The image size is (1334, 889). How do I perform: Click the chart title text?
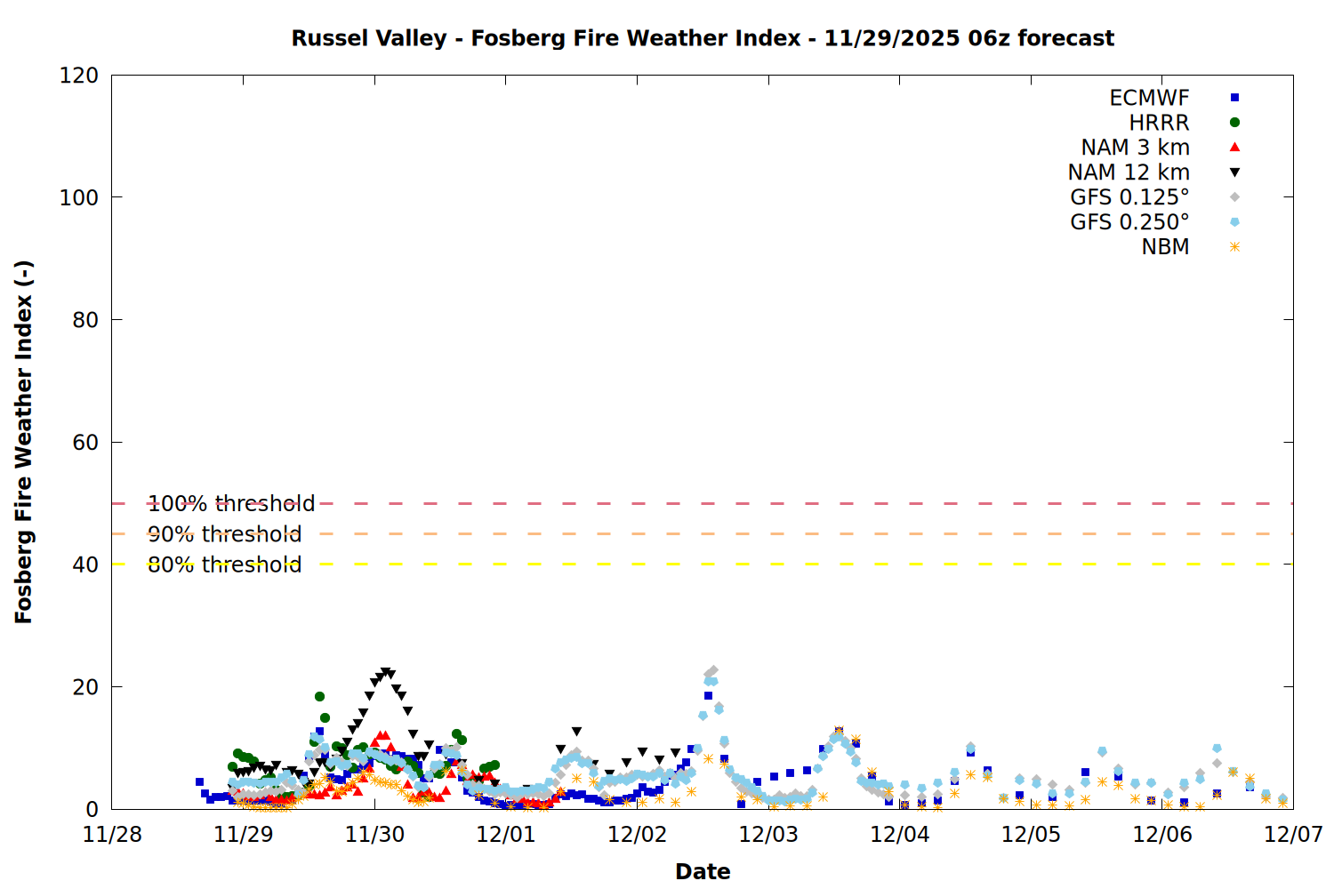pos(703,38)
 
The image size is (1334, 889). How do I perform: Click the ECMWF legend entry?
pos(1149,98)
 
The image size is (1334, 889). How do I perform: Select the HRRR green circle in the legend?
pos(1234,123)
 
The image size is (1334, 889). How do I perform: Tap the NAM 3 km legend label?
pos(1135,148)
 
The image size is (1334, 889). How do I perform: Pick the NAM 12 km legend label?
pos(1129,172)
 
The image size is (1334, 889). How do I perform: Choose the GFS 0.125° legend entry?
pos(1129,197)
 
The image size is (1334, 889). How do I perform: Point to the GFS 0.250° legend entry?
pos(1129,222)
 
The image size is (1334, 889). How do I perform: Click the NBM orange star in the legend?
pos(1234,247)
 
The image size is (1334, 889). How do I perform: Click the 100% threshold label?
pos(231,504)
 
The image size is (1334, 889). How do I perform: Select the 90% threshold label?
pos(224,534)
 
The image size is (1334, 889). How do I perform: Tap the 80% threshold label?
pos(224,565)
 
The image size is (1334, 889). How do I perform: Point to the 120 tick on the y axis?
pos(79,76)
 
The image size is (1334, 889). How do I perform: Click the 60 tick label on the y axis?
pos(85,443)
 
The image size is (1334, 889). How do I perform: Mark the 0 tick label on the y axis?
pos(92,810)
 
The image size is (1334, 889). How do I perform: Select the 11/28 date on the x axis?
pos(112,835)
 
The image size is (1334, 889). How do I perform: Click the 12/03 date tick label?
pos(768,835)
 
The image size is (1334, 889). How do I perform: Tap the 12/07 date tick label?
pos(1293,835)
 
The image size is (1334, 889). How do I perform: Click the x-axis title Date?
pos(703,871)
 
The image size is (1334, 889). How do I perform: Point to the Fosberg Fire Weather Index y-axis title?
pos(24,442)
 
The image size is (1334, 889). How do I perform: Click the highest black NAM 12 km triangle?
pos(385,673)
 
